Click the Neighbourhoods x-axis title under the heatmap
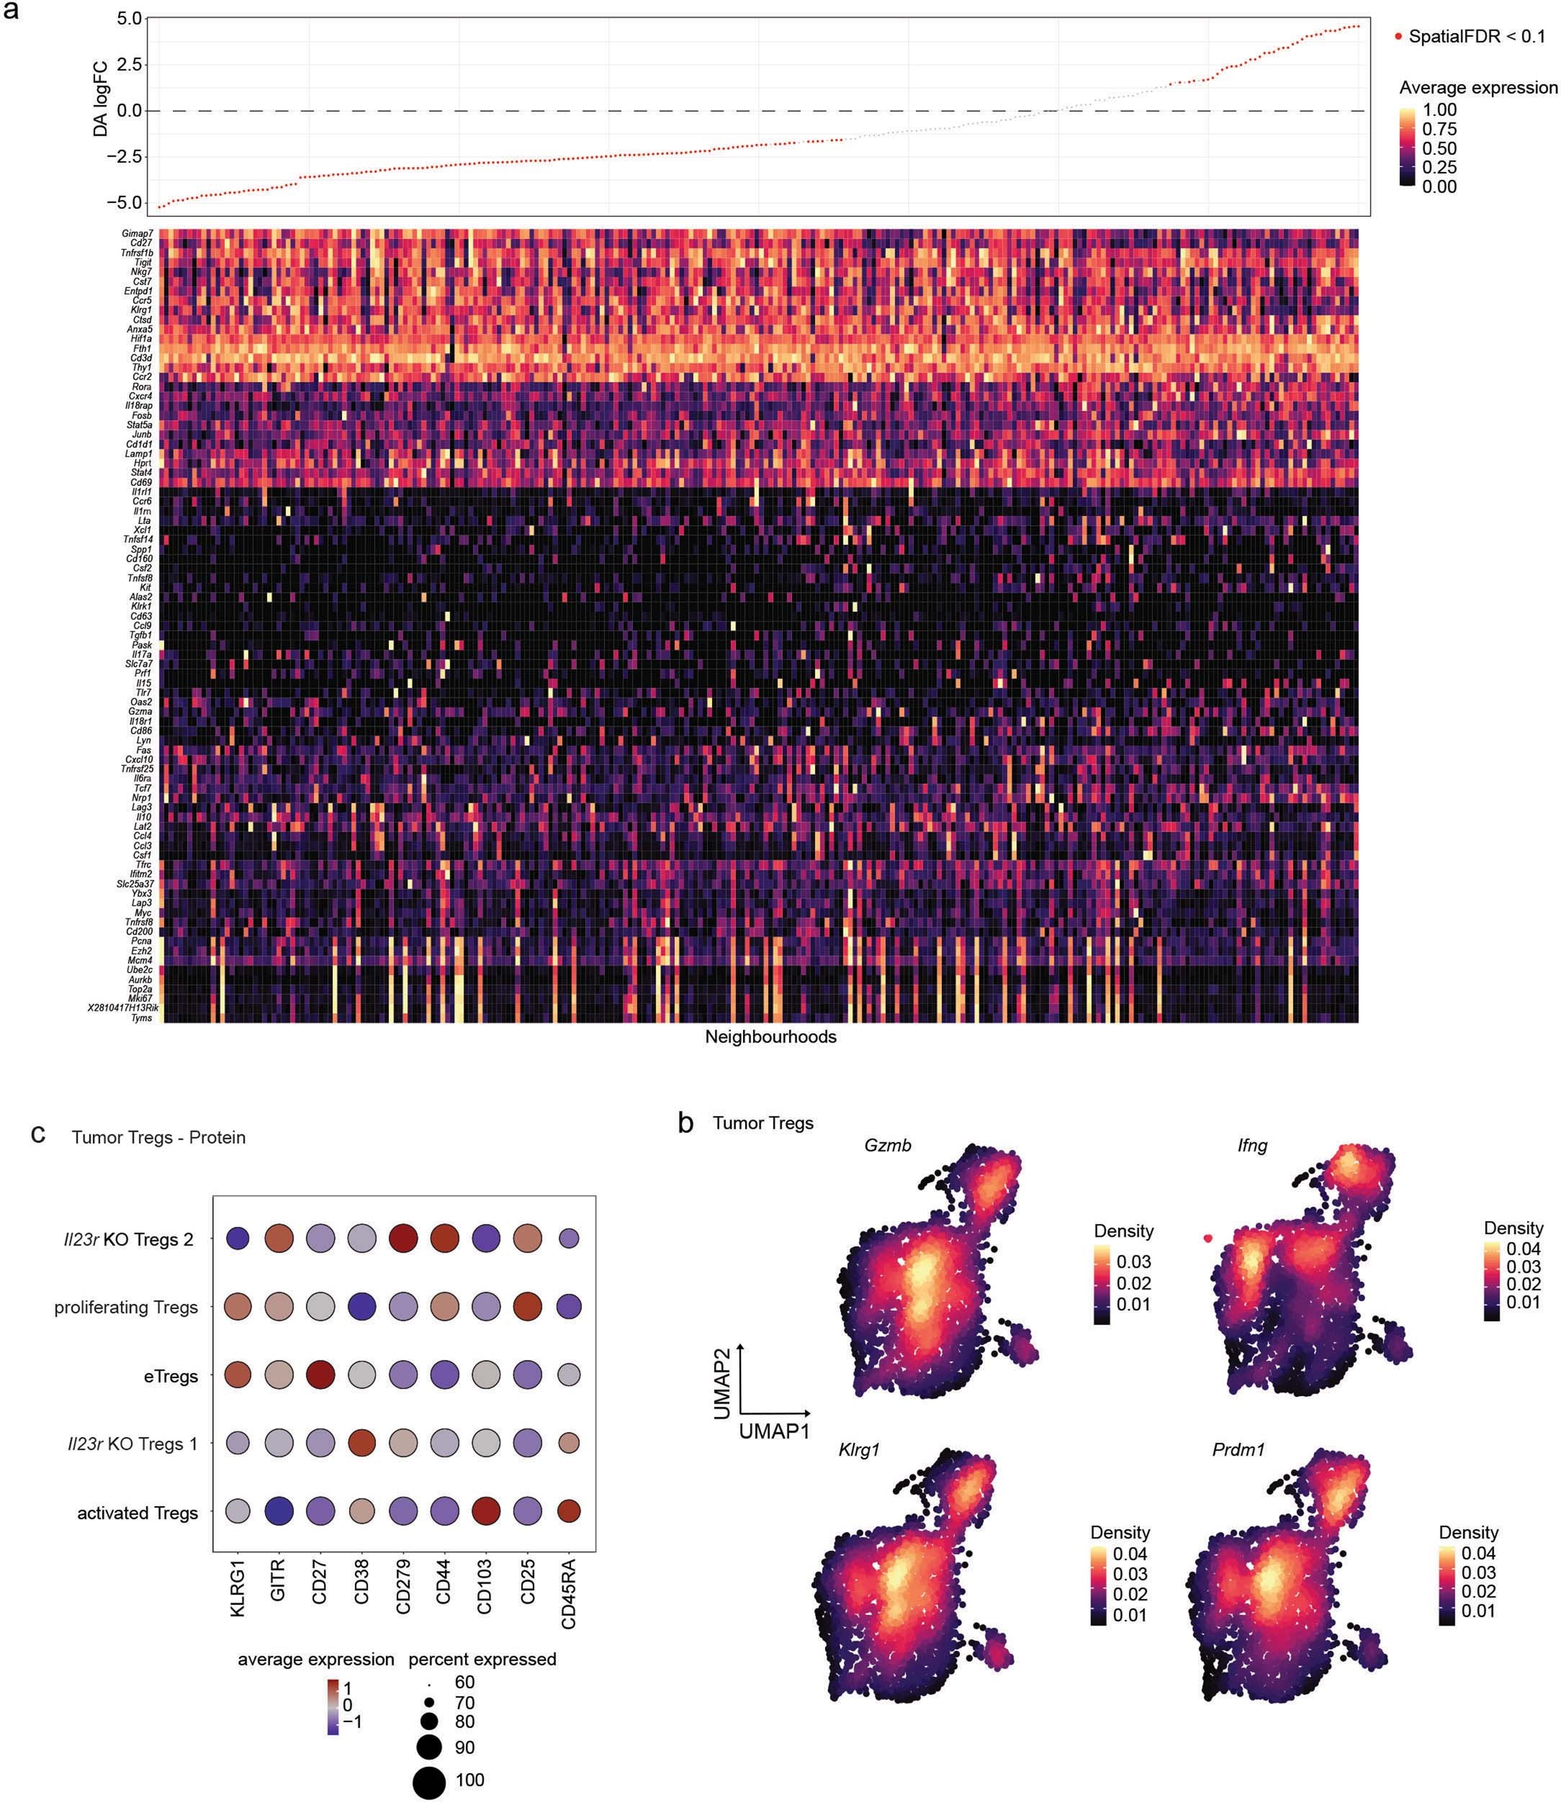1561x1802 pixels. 770,1037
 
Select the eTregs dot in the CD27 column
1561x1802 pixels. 320,1375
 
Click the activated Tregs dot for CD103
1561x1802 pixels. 486,1512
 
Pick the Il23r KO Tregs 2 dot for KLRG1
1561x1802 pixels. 237,1238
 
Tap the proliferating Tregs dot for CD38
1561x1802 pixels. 361,1307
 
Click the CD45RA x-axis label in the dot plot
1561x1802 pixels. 569,1594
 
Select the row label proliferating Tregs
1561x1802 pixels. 125,1307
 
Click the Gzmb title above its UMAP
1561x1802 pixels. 888,1145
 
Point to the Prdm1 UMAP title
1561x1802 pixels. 1238,1450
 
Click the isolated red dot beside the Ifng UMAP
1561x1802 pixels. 1208,1238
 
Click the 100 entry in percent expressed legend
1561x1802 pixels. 469,1780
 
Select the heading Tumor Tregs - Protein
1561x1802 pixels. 158,1137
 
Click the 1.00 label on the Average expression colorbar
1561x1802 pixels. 1439,109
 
